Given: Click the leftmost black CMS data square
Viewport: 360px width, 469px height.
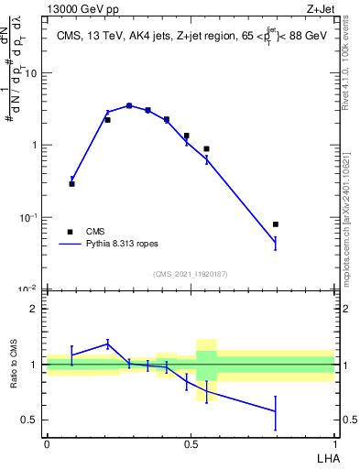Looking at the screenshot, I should coord(72,184).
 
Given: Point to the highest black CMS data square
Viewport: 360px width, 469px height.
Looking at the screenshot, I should coord(129,106).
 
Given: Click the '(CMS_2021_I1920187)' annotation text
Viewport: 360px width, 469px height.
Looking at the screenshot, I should coord(191,273).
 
